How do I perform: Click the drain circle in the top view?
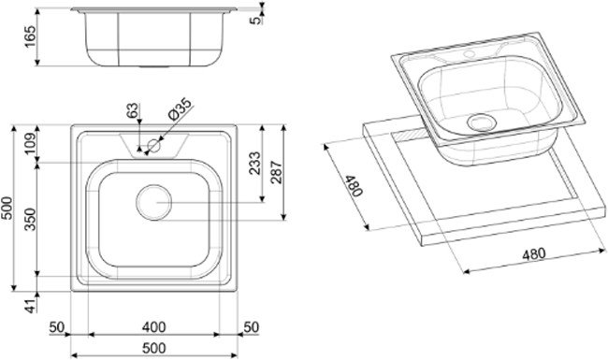click(153, 200)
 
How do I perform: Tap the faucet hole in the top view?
click(156, 145)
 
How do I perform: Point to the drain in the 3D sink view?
click(483, 122)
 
